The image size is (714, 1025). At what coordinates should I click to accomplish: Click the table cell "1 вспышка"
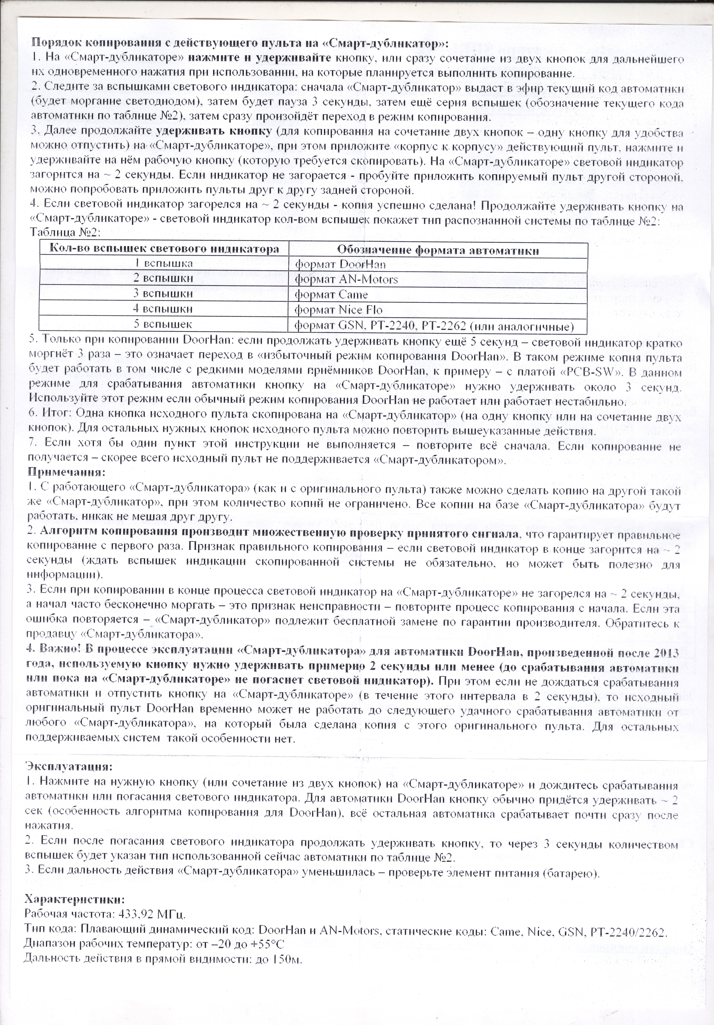pos(164,263)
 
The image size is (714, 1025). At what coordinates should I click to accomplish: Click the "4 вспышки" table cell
pos(164,309)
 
